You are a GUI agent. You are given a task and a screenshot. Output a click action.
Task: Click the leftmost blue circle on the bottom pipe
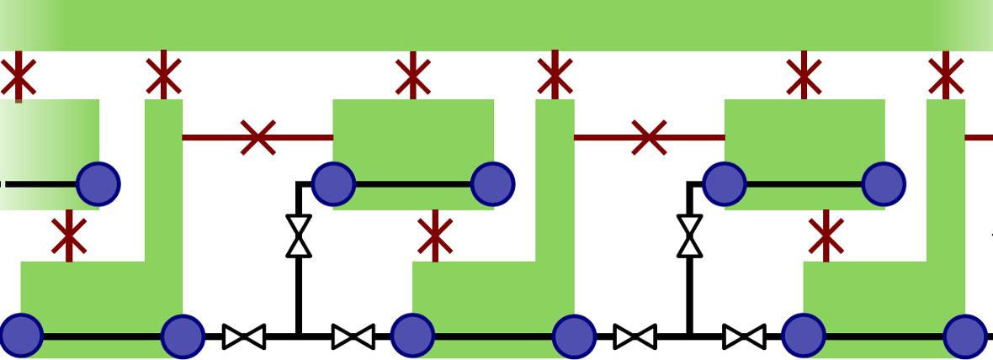pos(21,336)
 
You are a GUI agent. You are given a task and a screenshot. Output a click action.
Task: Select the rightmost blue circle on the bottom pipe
pos(964,336)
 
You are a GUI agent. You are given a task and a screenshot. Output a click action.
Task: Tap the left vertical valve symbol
pos(299,236)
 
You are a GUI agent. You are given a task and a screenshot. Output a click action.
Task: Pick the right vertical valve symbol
pos(690,236)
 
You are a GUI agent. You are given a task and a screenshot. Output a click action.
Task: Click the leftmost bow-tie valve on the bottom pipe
pos(244,336)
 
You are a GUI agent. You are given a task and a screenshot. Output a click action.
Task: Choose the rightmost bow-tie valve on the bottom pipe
pos(744,336)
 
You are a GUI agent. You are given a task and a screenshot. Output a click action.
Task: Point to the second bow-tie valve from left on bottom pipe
pos(353,336)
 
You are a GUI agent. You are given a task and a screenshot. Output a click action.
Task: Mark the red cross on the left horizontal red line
pos(258,137)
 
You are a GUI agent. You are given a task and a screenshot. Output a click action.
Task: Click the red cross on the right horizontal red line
pos(649,137)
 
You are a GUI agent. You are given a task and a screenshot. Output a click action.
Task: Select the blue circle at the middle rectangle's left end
pos(333,183)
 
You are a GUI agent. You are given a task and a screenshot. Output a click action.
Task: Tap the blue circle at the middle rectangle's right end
pos(492,183)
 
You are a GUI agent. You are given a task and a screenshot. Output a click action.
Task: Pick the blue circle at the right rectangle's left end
pos(725,183)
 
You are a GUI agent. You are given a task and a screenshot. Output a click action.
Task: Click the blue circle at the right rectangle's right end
pos(884,183)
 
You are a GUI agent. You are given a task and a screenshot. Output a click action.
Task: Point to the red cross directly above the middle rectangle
pos(412,77)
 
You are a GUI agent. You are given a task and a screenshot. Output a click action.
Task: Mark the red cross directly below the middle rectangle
pos(435,236)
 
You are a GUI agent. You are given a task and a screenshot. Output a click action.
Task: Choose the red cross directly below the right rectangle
pos(826,236)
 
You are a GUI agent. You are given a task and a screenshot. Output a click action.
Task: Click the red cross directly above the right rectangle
pos(804,77)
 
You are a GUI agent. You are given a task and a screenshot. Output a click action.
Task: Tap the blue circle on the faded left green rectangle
pos(98,183)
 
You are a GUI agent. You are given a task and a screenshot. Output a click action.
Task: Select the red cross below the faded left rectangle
pos(69,236)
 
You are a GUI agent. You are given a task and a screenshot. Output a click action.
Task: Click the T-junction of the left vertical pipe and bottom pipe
pos(299,336)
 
